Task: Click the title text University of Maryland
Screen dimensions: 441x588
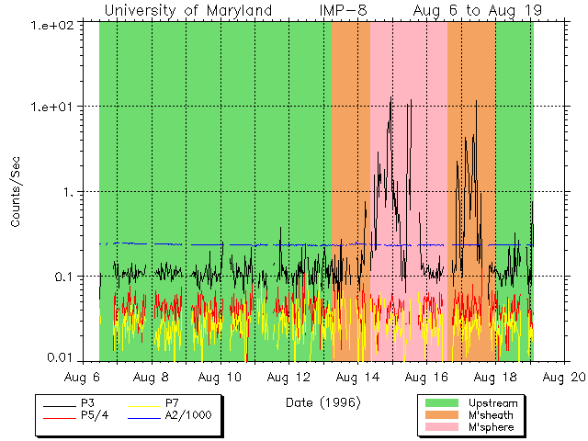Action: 188,10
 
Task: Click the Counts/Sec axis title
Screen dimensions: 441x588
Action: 16,191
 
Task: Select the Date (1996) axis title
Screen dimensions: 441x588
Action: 322,402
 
